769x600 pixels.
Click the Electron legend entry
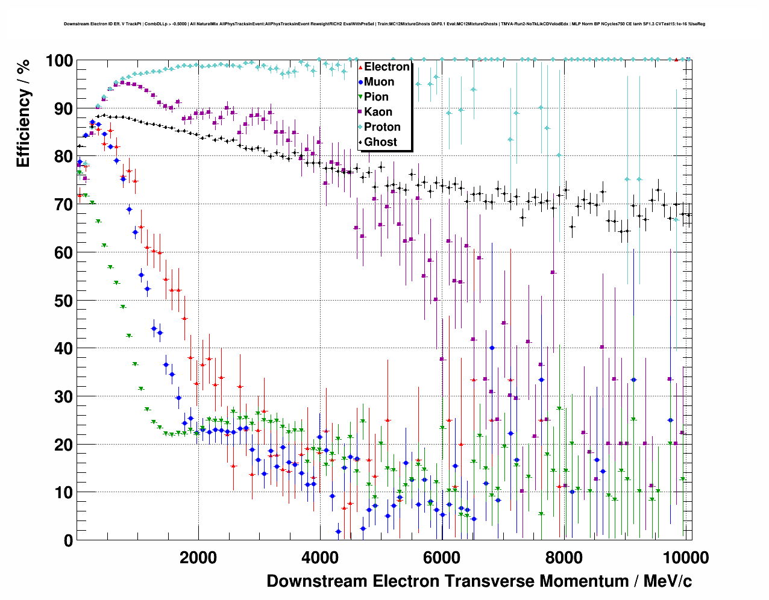(x=386, y=67)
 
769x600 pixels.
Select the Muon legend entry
(x=379, y=82)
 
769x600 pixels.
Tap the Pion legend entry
(x=376, y=97)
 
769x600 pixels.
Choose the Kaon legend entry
(x=378, y=112)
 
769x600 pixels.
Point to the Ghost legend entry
(x=380, y=142)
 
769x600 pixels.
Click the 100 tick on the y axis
(x=59, y=61)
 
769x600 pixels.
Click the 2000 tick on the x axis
(x=198, y=557)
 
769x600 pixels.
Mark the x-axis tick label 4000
(x=320, y=557)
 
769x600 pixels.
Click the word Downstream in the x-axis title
(x=317, y=581)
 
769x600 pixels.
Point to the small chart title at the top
(x=384, y=24)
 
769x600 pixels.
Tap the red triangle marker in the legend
(x=360, y=67)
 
